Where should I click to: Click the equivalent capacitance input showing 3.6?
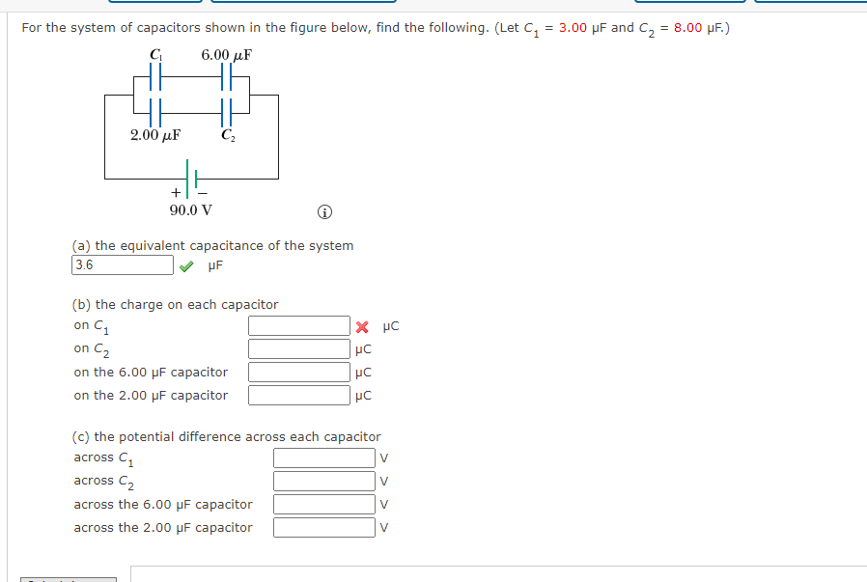123,265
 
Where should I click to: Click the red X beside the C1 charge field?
363,326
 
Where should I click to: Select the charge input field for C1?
298,326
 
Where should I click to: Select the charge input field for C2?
298,349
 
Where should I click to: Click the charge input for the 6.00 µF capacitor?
298,373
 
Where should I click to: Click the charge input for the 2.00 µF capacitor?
298,396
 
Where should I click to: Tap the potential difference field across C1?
323,457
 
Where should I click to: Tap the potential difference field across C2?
323,481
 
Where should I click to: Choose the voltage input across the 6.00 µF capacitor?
323,504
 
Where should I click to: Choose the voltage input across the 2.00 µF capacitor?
323,527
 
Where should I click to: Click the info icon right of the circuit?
324,211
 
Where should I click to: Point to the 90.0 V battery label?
191,209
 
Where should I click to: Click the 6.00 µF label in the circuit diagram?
226,54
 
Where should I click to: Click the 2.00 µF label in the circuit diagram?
155,136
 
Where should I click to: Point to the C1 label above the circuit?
155,54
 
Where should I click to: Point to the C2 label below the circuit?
227,136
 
